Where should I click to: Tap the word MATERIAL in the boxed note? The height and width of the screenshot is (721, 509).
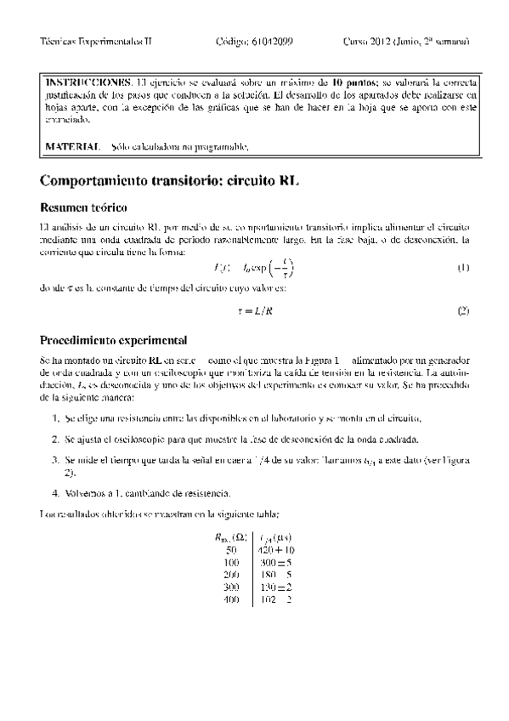[x=71, y=147]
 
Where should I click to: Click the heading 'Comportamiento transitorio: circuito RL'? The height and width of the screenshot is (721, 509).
[x=171, y=181]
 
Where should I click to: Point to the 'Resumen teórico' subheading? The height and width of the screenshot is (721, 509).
[x=83, y=208]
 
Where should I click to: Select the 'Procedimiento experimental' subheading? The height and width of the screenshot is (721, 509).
[x=113, y=340]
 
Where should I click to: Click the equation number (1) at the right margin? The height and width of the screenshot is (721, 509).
[x=463, y=269]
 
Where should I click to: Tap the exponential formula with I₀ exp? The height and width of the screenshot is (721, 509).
[x=255, y=269]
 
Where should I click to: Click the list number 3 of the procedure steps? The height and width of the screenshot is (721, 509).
[x=55, y=459]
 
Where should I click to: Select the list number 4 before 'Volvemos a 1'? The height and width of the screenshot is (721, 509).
[x=55, y=493]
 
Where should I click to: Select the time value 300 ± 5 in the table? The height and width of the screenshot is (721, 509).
[x=275, y=562]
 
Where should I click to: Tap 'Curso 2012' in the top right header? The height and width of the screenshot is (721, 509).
[x=369, y=41]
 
